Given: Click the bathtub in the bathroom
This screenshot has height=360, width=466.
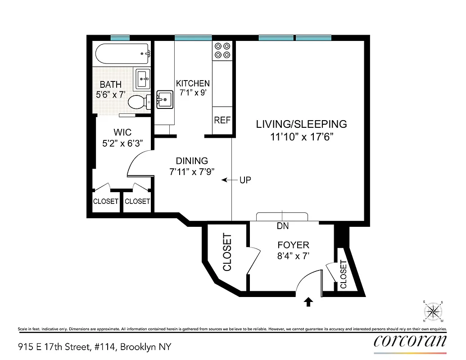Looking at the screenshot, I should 122,54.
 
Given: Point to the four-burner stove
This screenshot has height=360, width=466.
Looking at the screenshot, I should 222,50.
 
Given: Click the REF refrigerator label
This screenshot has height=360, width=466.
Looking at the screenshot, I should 222,120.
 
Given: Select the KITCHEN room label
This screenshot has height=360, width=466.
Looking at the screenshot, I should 193,83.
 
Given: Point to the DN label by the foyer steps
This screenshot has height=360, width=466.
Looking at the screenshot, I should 283,226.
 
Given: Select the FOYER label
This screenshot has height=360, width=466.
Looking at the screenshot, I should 293,245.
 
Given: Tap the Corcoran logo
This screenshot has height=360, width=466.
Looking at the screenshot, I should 410,341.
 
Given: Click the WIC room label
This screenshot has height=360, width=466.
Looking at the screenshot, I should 122,132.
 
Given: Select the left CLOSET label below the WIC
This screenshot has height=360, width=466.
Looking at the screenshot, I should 106,202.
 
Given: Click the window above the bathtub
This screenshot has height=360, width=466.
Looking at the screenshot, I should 120,38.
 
